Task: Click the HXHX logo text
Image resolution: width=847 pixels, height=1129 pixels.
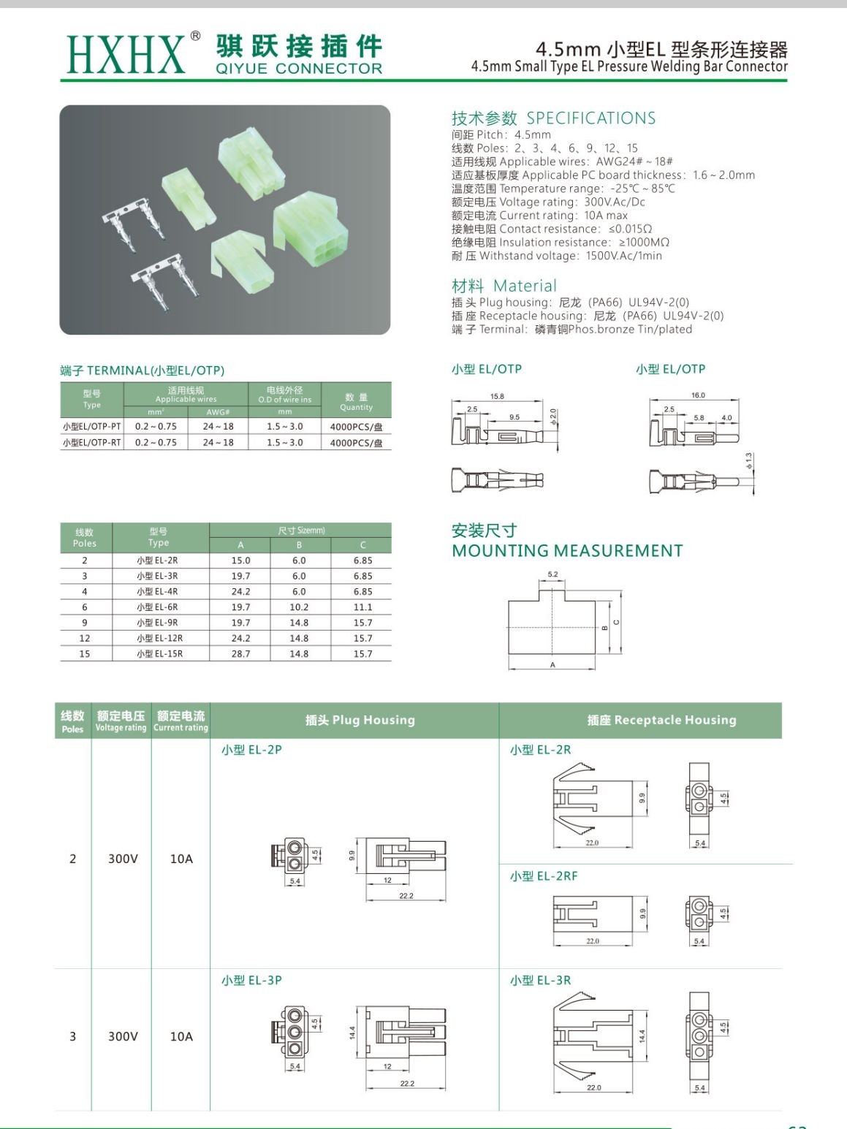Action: coord(126,53)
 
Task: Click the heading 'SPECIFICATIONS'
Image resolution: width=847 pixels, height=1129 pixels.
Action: coord(590,118)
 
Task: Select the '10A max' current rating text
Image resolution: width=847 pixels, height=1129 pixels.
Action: coord(606,216)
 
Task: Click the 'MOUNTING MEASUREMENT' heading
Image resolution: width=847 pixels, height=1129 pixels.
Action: coord(567,551)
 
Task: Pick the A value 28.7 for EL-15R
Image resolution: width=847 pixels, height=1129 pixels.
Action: coord(240,654)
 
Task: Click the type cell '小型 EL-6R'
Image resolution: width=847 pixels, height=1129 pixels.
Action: coord(157,607)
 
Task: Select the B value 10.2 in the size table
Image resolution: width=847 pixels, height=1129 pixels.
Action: coord(299,607)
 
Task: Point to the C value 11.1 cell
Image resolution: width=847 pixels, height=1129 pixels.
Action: coord(362,607)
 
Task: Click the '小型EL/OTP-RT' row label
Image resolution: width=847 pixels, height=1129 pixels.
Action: coord(92,443)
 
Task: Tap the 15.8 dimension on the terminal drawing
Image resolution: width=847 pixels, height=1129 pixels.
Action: coord(497,396)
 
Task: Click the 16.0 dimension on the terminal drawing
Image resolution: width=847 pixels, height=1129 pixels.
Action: coord(698,395)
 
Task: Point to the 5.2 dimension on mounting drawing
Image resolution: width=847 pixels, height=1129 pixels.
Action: coord(552,574)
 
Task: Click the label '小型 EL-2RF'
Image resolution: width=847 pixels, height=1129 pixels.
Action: coord(544,876)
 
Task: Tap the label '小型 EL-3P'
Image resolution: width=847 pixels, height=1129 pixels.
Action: coord(251,981)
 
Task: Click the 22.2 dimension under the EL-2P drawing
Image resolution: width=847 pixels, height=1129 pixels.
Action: coord(406,896)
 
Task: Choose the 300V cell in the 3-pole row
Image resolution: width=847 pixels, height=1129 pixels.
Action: coord(123,1037)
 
